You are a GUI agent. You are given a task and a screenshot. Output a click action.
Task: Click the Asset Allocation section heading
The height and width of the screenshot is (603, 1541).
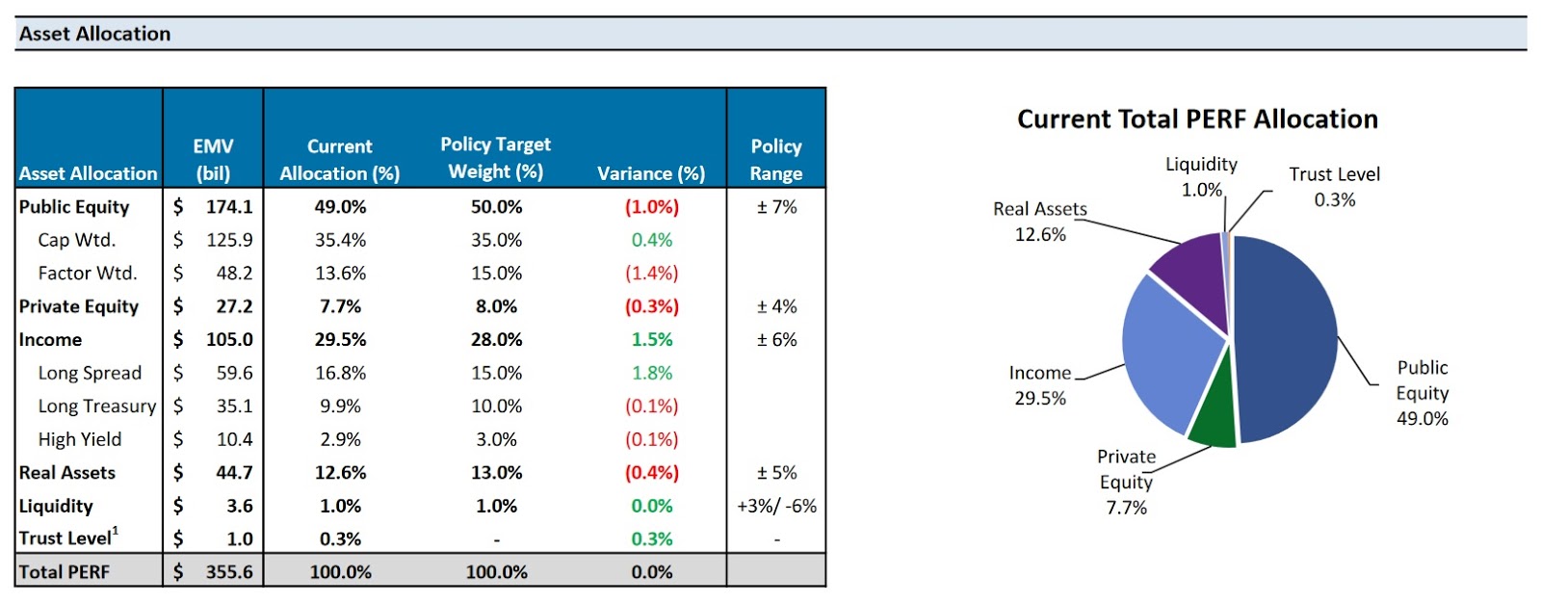tap(94, 34)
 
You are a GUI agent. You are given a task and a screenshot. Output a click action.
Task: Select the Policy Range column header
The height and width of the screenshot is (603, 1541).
tap(776, 160)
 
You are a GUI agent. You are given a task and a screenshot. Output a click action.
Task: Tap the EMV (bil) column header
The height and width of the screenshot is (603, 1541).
tap(213, 160)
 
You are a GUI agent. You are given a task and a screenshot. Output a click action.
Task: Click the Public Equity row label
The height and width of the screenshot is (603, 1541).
tap(74, 207)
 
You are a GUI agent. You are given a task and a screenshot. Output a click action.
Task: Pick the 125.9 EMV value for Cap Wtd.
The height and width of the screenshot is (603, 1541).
tap(229, 240)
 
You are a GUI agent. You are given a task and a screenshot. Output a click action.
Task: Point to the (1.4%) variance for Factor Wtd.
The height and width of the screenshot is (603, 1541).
tap(652, 274)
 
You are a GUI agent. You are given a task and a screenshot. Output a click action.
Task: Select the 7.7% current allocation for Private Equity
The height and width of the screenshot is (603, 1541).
tap(340, 306)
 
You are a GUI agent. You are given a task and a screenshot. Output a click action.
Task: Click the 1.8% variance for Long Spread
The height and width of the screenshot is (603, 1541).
tap(652, 373)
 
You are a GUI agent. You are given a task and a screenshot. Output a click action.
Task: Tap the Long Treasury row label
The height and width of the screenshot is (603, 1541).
tap(96, 406)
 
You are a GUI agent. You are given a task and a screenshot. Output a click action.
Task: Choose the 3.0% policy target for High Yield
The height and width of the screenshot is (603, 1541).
tap(496, 439)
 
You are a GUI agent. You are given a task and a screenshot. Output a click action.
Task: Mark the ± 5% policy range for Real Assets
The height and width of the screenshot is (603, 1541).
tap(776, 473)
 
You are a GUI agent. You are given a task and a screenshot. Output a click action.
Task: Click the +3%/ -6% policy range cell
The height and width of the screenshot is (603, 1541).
tap(776, 506)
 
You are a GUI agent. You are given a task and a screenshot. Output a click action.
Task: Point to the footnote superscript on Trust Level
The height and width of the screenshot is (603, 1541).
tap(116, 531)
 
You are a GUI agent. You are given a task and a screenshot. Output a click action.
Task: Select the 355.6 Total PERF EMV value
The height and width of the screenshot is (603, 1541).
tap(229, 572)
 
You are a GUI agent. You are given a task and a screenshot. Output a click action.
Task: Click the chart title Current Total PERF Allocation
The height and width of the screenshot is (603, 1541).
tap(1197, 119)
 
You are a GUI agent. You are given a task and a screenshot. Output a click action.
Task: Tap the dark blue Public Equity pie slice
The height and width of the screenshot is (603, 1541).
tap(1286, 337)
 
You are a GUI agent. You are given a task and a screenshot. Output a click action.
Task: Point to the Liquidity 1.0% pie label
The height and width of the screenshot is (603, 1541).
tap(1201, 177)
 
